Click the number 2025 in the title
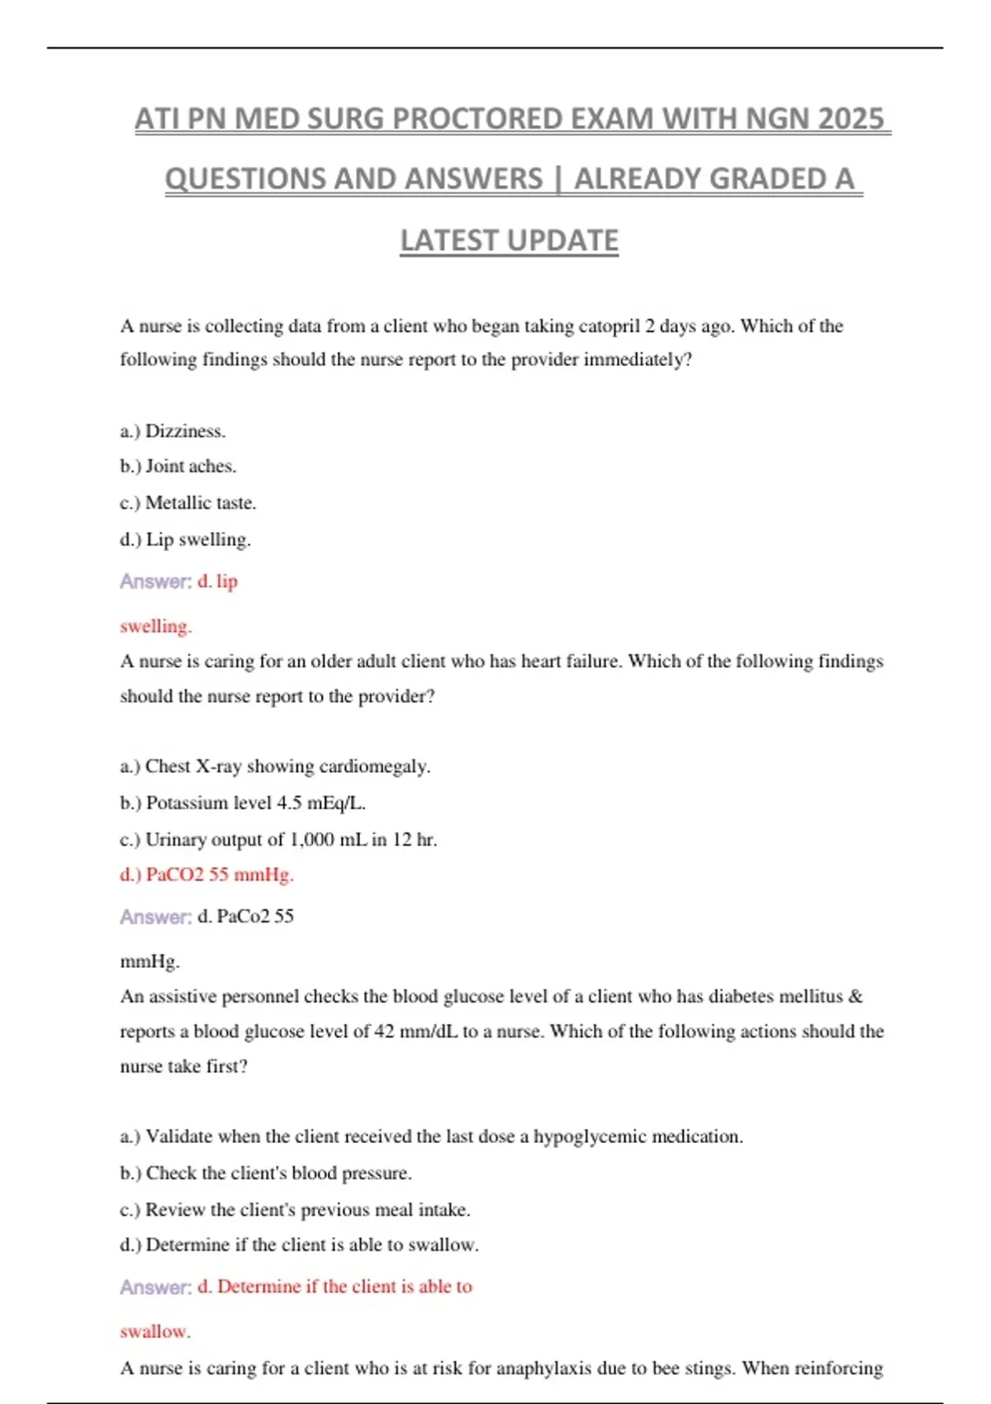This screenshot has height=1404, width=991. click(x=851, y=119)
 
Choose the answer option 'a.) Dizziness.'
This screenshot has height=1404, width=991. click(x=173, y=431)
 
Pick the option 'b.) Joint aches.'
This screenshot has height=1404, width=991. click(x=178, y=467)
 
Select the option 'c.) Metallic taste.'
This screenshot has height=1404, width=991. click(x=187, y=503)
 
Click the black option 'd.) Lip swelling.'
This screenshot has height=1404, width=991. click(x=185, y=540)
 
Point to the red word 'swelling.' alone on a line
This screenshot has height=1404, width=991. click(x=155, y=627)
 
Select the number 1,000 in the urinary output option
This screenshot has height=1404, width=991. click(x=312, y=840)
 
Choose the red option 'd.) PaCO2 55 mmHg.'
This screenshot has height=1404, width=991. click(x=206, y=875)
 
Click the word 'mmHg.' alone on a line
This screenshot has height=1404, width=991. click(x=149, y=961)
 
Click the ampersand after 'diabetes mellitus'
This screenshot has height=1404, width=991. click(x=856, y=997)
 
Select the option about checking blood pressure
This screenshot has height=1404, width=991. click(x=265, y=1174)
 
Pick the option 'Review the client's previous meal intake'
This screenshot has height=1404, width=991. click(x=295, y=1210)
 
